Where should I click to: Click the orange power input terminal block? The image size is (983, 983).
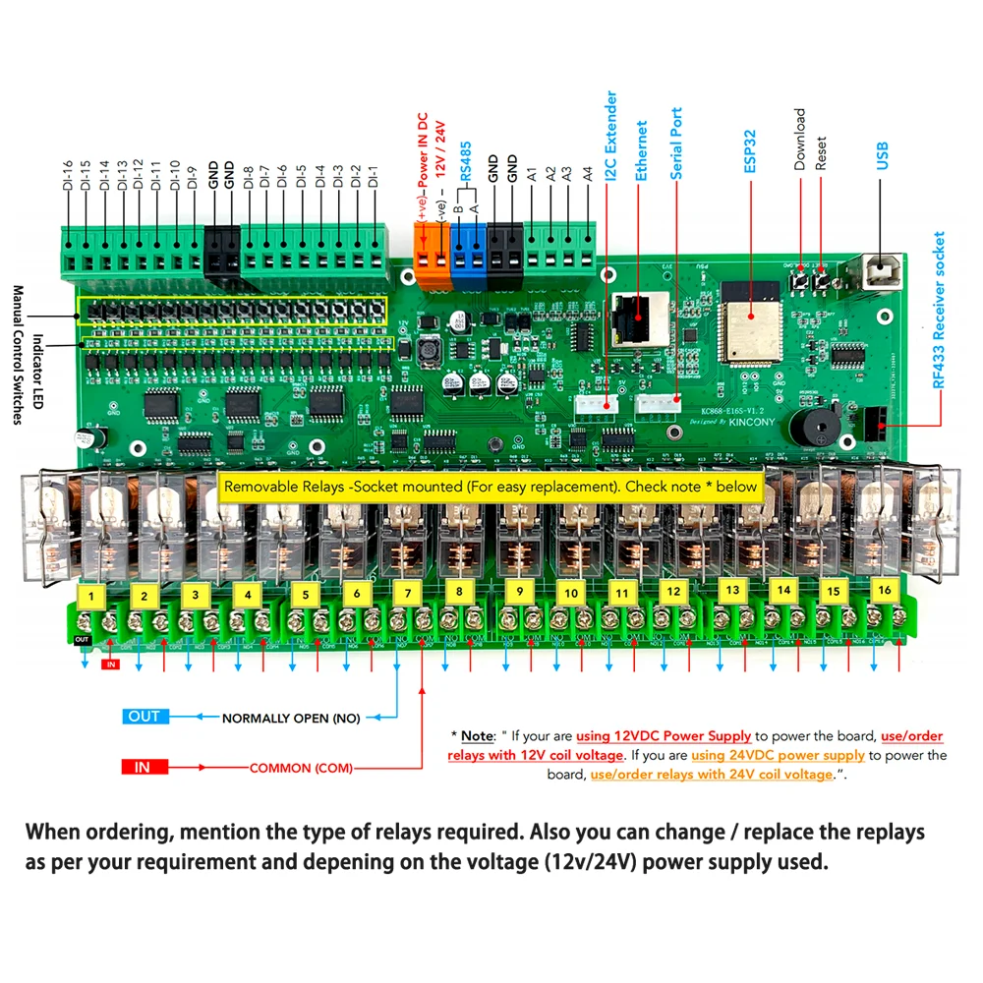click(x=431, y=252)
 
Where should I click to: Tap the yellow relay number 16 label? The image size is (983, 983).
click(x=884, y=589)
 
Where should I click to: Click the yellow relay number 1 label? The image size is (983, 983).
click(x=91, y=596)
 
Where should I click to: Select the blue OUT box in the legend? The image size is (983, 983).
click(x=144, y=716)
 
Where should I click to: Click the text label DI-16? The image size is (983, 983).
click(x=68, y=176)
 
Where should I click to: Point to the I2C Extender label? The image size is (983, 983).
click(x=611, y=138)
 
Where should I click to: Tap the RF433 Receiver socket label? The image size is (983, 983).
click(x=939, y=311)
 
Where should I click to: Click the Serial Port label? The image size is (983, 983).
click(x=676, y=144)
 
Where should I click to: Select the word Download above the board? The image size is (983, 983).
click(x=799, y=139)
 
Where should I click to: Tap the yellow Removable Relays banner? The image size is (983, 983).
click(x=491, y=486)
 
